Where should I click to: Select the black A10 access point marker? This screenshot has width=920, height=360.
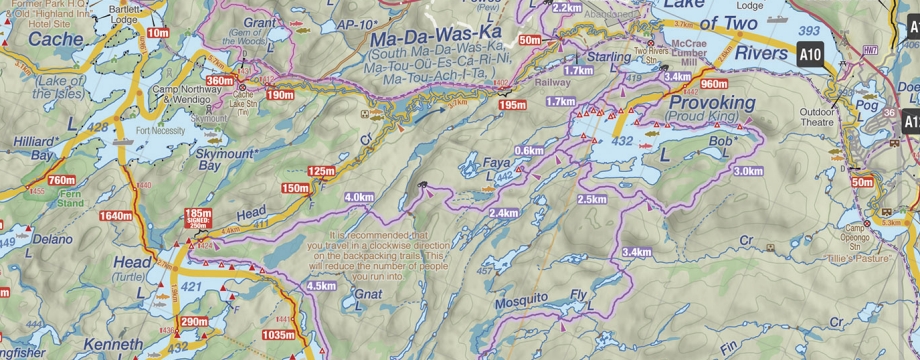[x=810, y=53]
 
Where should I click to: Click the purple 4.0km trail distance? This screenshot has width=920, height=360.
[x=358, y=197]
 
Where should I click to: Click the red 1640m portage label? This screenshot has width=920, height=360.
[x=116, y=216]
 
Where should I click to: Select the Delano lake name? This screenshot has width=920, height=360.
[x=52, y=240]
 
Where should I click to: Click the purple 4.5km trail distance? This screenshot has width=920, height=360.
[x=321, y=286]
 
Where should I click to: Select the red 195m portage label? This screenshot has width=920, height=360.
[x=512, y=105]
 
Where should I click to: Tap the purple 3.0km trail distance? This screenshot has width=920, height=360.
[x=747, y=171]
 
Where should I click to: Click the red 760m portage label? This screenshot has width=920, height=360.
[x=61, y=180]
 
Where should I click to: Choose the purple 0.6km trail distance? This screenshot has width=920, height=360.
[x=528, y=150]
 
